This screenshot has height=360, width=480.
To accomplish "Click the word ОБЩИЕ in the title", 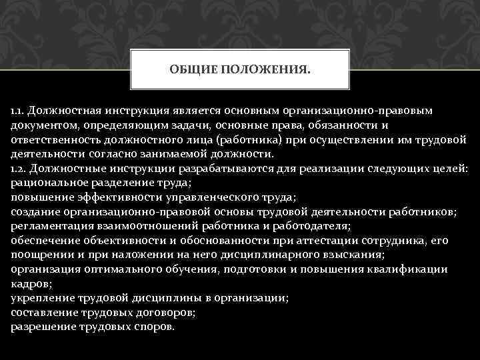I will (x=189, y=67).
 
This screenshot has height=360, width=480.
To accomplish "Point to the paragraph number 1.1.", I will (x=18, y=109).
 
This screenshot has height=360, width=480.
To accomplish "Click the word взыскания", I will (x=352, y=255).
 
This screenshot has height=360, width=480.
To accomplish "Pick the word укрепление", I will (x=42, y=298).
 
